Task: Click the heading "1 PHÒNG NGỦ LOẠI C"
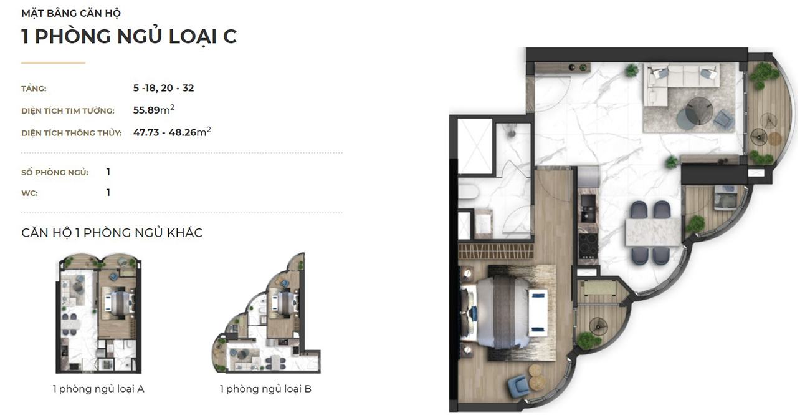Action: [x=129, y=36]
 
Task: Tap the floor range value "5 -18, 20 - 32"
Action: [x=163, y=88]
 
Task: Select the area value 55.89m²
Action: [x=154, y=109]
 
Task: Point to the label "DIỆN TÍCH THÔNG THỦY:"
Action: [x=72, y=133]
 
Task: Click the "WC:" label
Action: [x=30, y=193]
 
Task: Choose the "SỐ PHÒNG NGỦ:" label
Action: [x=55, y=172]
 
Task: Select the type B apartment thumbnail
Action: [x=266, y=313]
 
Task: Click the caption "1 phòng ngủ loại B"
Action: [x=266, y=389]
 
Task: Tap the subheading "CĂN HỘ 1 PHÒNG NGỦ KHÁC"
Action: [x=112, y=233]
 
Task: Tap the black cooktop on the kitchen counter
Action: [x=588, y=245]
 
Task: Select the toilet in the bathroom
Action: [x=469, y=192]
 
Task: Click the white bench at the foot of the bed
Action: [x=538, y=312]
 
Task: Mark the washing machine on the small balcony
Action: [x=726, y=197]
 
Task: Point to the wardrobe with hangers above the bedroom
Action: [x=496, y=251]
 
